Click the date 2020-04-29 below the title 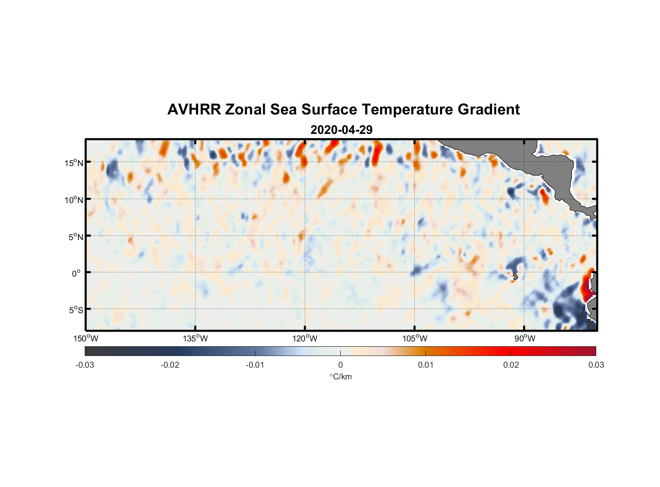point(341,130)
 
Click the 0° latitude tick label point(76,273)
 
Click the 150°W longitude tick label point(86,338)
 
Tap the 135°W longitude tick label point(196,338)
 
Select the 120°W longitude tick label point(305,338)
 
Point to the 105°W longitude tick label point(415,338)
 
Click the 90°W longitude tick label point(525,338)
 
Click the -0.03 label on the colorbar point(85,365)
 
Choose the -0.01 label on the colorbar point(255,365)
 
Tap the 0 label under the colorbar point(340,365)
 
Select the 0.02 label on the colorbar point(511,365)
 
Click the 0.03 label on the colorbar point(596,365)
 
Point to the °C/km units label point(341,376)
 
